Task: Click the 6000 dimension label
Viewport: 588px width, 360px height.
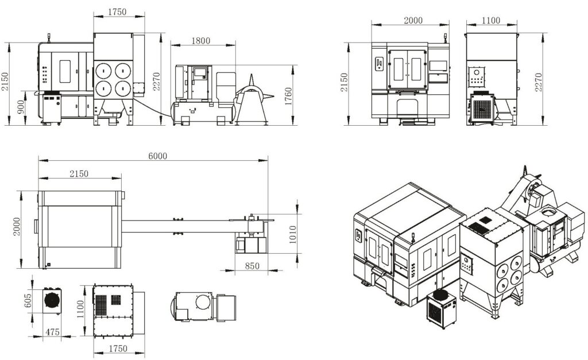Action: [x=157, y=156]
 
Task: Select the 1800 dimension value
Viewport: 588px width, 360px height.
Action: [x=200, y=41]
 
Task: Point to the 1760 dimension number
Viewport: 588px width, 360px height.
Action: [x=288, y=96]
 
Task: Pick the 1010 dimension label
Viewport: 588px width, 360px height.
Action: [x=292, y=234]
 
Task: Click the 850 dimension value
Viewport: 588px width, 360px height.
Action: [x=252, y=266]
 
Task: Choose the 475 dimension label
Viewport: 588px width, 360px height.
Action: [x=52, y=332]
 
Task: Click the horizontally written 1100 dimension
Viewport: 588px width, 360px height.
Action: [x=490, y=20]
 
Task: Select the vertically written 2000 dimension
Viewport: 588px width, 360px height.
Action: [x=17, y=226]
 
